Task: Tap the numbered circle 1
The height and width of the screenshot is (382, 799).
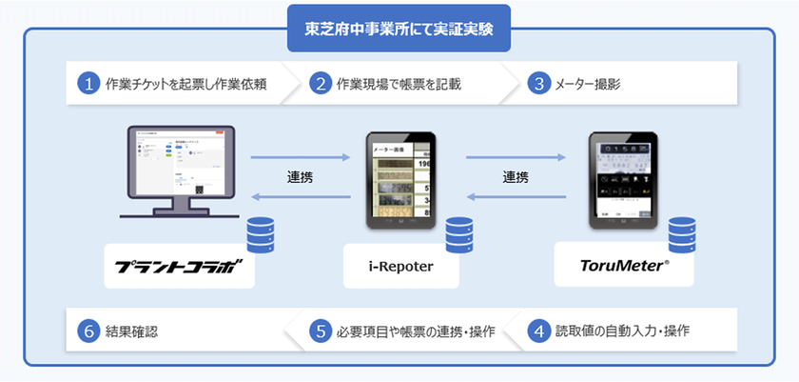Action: pos(88,84)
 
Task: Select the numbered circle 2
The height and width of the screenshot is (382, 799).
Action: pos(321,84)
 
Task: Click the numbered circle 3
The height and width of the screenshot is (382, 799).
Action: pos(540,84)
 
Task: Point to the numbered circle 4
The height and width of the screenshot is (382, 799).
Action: pos(540,332)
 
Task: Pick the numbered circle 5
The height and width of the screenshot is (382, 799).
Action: pos(321,332)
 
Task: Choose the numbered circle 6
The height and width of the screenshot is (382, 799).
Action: pos(88,332)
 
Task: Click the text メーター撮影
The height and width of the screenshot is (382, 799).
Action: pos(591,84)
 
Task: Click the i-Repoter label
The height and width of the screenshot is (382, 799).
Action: pos(400,267)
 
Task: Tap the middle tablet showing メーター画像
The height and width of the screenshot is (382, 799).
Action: pos(399,181)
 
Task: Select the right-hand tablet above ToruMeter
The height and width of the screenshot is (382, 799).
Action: pos(623,181)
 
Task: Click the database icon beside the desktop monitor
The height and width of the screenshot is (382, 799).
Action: pos(260,234)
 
